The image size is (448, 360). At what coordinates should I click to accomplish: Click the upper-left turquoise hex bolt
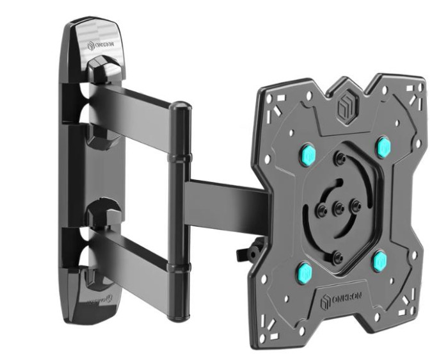tap(308, 154)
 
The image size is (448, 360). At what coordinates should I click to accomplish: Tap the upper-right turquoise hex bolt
tap(383, 145)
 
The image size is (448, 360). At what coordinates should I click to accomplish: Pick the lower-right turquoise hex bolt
tap(380, 260)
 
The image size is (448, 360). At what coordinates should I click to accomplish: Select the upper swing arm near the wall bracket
tap(134, 102)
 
